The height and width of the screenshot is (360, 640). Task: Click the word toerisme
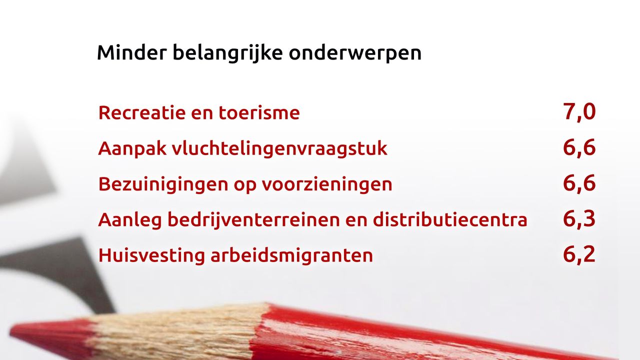coord(259,112)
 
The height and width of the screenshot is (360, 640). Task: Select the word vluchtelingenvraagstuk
coord(279,149)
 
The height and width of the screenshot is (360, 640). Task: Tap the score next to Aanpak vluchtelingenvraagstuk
coord(579,148)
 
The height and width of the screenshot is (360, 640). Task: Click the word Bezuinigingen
coord(163,184)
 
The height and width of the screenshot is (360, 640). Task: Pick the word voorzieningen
coord(327,184)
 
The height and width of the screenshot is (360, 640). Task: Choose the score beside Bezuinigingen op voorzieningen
coord(579,183)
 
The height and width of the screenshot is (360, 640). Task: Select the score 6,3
coord(579,219)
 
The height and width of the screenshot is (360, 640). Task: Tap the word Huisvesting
coord(151,255)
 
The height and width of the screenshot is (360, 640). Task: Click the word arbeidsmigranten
coord(291,255)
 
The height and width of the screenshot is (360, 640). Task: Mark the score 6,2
coord(579,254)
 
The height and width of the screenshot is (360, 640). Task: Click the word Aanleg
coord(130,220)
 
